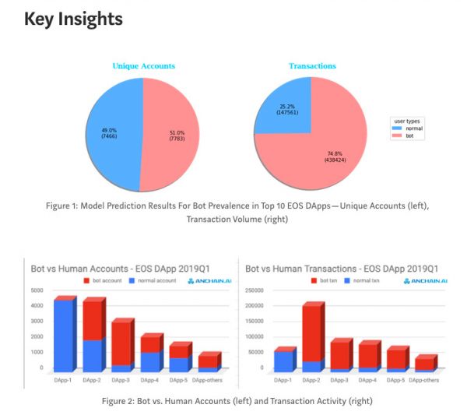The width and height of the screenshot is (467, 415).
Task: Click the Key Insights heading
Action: (x=73, y=19)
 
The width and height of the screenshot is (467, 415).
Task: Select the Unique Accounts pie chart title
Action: (x=143, y=66)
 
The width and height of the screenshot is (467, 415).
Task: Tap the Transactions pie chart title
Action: (x=312, y=66)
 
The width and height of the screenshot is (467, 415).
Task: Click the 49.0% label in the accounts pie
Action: (x=109, y=133)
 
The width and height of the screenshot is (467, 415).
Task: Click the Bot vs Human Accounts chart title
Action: (x=105, y=268)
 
